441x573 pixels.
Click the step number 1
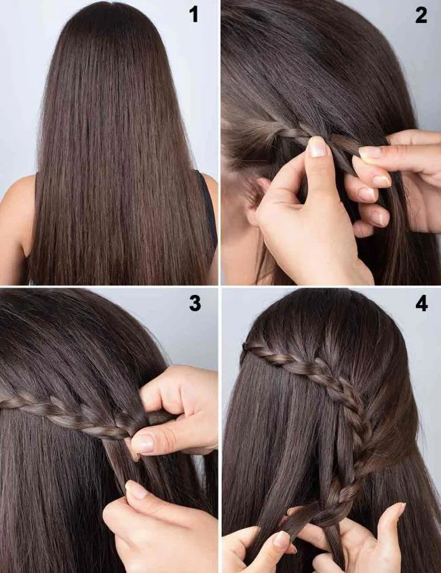pos(195,14)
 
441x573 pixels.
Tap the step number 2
pos(421,16)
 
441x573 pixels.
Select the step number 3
pos(195,303)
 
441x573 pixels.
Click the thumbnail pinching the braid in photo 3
pos(143,443)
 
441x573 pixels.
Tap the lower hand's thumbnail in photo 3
pos(135,490)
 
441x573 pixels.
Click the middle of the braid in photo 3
pos(68,409)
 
